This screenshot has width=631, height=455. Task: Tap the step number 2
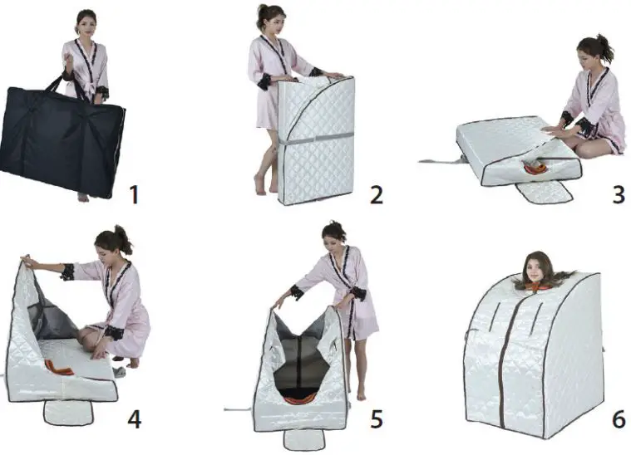point(377,196)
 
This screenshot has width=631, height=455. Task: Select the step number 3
point(617,196)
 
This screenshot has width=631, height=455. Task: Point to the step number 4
point(134,419)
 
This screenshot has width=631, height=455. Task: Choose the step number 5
point(377,419)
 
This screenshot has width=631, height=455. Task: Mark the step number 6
point(618,419)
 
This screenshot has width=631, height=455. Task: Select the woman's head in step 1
point(86,21)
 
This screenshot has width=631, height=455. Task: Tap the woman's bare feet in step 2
point(264,184)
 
